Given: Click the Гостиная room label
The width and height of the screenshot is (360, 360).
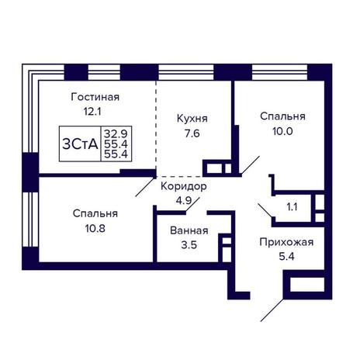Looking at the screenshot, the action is point(95,97).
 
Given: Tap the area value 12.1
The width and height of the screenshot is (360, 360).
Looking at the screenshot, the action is point(92,112).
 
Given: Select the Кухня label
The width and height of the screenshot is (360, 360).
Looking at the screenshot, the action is point(192,119).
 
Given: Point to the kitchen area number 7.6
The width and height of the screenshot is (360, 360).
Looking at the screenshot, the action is point(192,133).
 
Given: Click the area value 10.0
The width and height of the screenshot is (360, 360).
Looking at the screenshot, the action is point(282,131).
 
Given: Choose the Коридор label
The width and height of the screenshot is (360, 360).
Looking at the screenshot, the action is point(184,186).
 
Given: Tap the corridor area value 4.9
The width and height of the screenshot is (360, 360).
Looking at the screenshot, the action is point(184,201).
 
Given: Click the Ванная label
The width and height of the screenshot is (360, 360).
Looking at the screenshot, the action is point(189,230).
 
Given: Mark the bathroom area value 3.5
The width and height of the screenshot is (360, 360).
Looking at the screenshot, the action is point(189,244).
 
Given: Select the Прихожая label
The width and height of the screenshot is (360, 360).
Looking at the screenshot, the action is point(286,242).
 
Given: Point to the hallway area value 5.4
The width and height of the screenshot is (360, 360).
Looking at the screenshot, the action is point(286,257).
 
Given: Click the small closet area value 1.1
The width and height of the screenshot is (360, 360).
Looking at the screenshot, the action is point(292,207).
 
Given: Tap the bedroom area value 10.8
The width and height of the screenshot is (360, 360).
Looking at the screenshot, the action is point(95,228).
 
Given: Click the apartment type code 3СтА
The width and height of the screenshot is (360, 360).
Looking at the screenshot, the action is point(80,144).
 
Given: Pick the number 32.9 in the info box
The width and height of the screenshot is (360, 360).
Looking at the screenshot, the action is point(116,134).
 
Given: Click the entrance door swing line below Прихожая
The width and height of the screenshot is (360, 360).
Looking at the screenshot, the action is point(272,310).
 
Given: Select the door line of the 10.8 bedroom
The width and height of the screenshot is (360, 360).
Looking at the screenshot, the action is point(145,187).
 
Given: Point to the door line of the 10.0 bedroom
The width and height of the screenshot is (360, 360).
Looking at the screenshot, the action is point(251,165).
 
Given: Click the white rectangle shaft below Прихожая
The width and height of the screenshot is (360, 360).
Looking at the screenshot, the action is point(307,285).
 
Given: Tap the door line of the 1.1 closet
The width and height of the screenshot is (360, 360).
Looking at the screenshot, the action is point(265,210).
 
